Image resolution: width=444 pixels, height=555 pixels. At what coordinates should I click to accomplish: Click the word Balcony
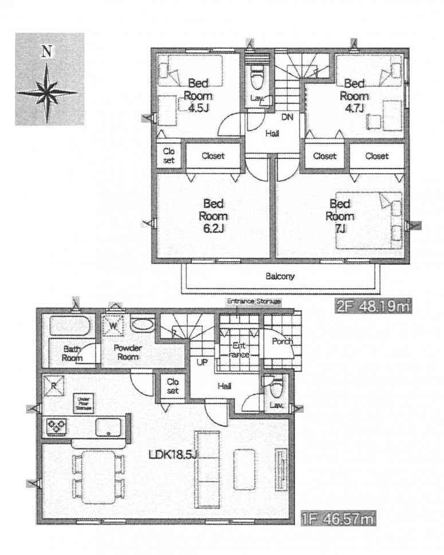280,276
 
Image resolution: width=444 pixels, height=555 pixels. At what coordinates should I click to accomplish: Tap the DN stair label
287,118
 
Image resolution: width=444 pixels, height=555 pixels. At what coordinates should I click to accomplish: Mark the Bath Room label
73,353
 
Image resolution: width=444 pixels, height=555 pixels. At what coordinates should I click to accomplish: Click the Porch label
282,342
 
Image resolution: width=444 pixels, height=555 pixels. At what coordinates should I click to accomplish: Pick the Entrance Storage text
253,302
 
